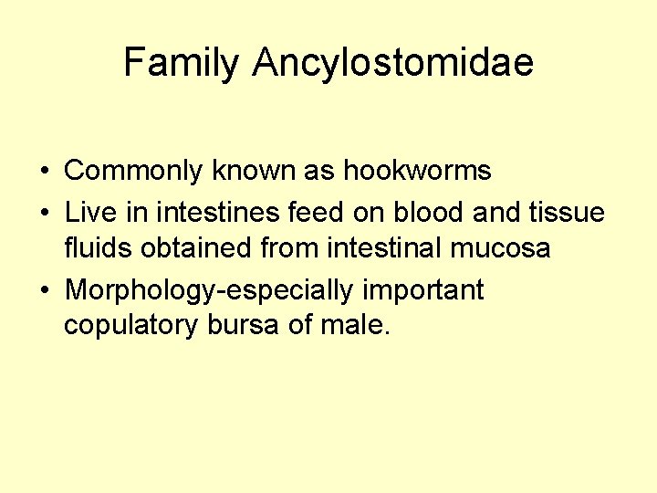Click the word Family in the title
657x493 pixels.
click(182, 63)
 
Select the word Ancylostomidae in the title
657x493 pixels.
click(393, 63)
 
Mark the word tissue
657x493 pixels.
click(568, 214)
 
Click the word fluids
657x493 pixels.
click(98, 248)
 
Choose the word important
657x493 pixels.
click(423, 291)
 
